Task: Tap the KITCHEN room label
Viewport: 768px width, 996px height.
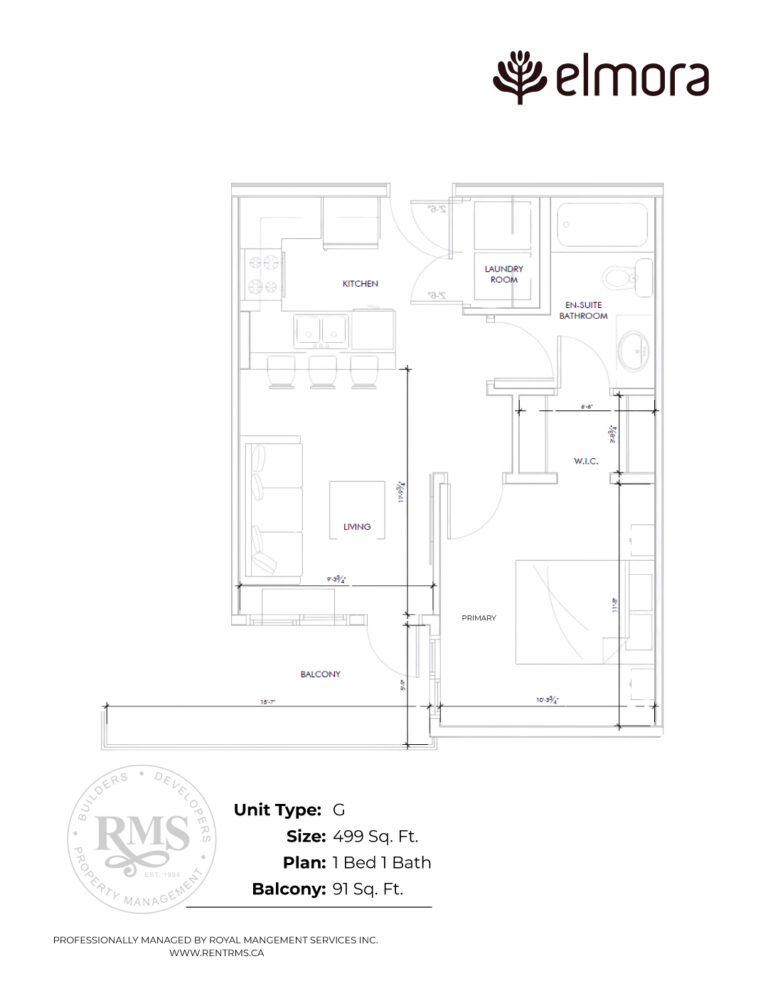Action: click(x=360, y=284)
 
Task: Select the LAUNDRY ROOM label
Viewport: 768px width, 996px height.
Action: click(x=504, y=274)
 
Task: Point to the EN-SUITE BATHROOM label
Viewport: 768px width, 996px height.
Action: click(x=583, y=309)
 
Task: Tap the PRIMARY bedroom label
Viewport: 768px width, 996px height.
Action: click(x=478, y=618)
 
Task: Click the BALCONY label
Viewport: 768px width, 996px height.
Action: click(x=320, y=674)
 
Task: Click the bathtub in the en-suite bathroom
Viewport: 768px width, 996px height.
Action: click(x=602, y=225)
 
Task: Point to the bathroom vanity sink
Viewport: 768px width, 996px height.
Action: click(x=633, y=350)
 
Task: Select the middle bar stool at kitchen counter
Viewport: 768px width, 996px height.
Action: click(x=322, y=371)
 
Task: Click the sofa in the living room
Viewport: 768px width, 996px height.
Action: click(x=272, y=509)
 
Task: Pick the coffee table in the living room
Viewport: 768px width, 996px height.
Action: click(x=358, y=510)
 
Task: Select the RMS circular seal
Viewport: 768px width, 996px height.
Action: click(x=141, y=838)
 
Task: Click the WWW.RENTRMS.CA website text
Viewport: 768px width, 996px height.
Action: click(x=215, y=955)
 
